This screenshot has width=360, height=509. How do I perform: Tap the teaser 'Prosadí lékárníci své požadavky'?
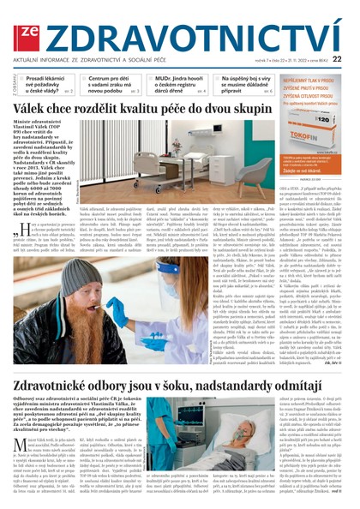point(48,84)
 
